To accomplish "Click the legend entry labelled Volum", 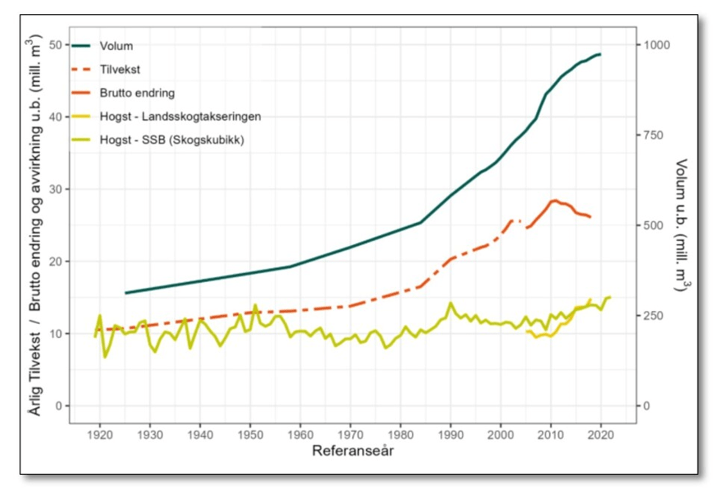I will (x=116, y=46).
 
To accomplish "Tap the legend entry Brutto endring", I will (x=137, y=93).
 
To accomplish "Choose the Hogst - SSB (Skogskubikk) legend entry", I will (x=171, y=139).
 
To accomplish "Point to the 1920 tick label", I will (x=99, y=433).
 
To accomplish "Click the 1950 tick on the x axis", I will (x=250, y=433).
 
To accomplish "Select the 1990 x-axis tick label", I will (x=451, y=433).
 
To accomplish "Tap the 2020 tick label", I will (x=601, y=433).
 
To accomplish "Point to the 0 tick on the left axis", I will (x=60, y=406).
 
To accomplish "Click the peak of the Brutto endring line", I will (x=554, y=200).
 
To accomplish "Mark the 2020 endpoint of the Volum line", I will (x=600, y=54).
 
